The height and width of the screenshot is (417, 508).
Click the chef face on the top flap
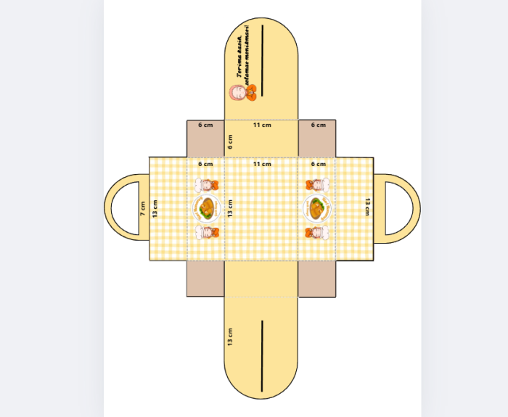[237, 93]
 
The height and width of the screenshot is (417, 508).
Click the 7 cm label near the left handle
[143, 209]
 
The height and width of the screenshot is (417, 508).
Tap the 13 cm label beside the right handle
[367, 207]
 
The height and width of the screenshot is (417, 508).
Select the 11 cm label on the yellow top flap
[262, 125]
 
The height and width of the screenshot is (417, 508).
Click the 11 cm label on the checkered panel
[262, 165]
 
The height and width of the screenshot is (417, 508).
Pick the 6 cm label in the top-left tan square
[206, 125]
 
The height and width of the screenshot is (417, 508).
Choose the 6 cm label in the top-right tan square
[318, 125]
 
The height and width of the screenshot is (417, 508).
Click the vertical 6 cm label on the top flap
[231, 141]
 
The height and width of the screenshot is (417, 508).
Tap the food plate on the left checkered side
[207, 209]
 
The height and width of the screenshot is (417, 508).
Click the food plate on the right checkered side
[317, 209]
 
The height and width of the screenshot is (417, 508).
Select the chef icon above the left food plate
[207, 185]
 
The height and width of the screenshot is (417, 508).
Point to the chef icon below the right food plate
[317, 232]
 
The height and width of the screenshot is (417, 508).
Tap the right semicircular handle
[405, 209]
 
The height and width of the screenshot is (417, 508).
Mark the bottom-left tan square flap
[205, 278]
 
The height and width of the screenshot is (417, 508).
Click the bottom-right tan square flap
[317, 278]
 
